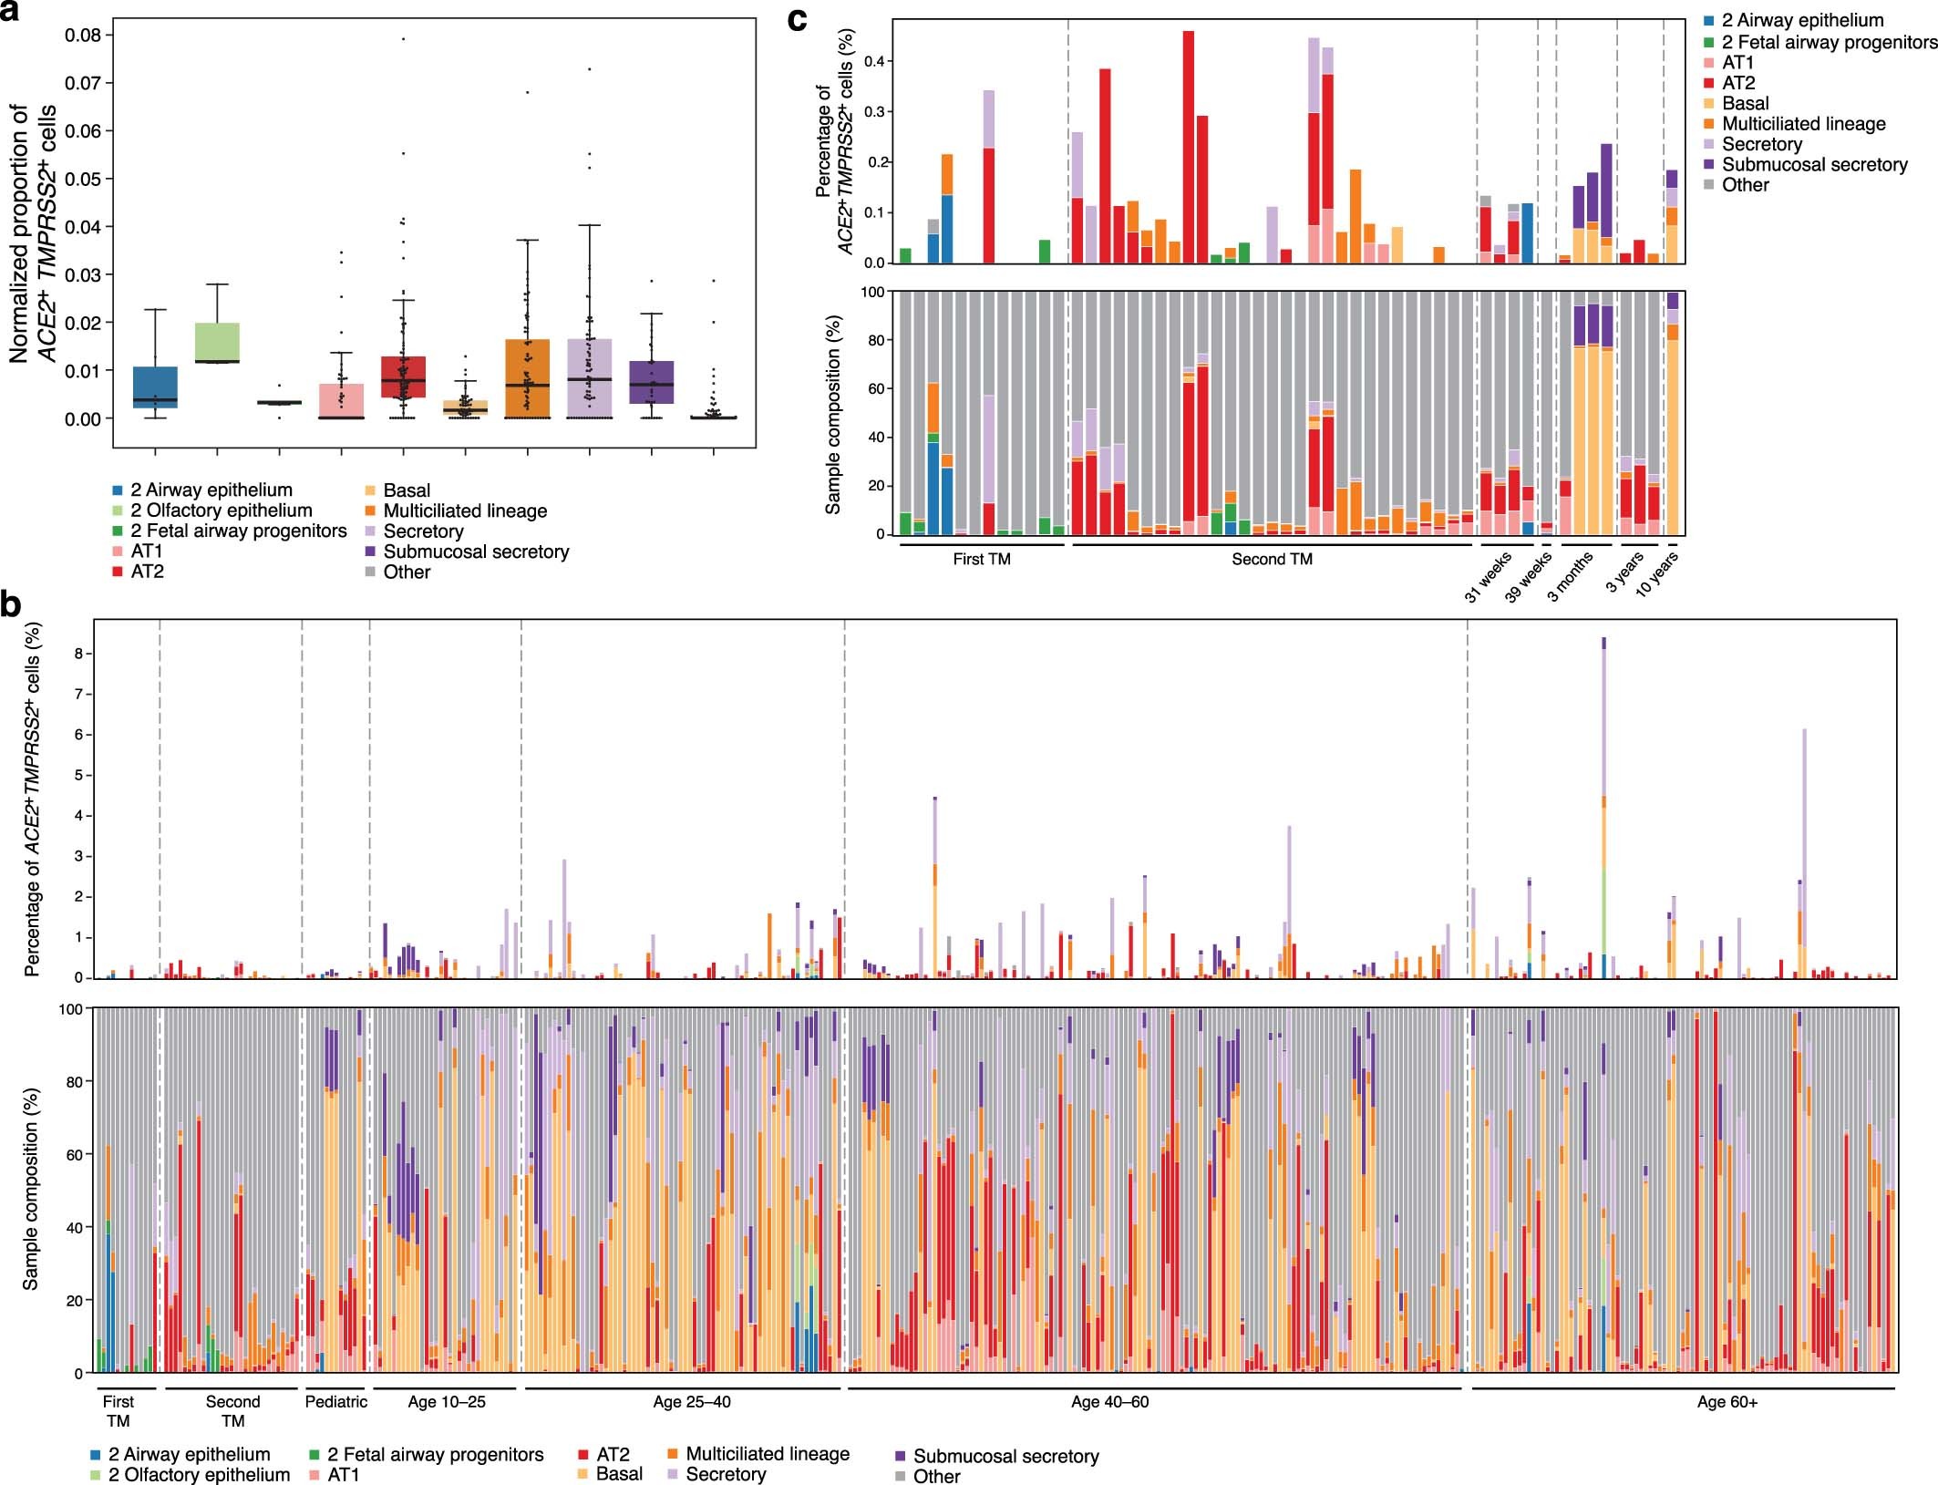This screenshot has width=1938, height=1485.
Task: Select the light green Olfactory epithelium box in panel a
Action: (x=217, y=343)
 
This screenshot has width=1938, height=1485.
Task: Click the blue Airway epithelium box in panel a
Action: (x=155, y=387)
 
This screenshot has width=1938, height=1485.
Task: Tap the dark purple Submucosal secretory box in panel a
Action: (x=651, y=382)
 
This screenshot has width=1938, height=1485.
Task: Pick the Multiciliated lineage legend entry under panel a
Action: (x=464, y=511)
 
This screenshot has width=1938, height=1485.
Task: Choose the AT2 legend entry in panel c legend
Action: (x=1737, y=83)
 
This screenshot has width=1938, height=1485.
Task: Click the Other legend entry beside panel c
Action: (x=1745, y=185)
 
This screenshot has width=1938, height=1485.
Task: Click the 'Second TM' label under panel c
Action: (x=1272, y=560)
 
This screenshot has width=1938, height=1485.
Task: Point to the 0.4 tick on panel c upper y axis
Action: (x=873, y=62)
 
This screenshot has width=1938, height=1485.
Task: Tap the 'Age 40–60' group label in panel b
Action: (x=1109, y=1402)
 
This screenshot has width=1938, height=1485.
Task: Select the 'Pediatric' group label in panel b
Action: (x=335, y=1402)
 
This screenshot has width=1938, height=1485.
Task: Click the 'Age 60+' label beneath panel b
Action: (x=1727, y=1403)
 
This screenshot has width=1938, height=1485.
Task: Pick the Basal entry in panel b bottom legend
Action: (x=618, y=1474)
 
